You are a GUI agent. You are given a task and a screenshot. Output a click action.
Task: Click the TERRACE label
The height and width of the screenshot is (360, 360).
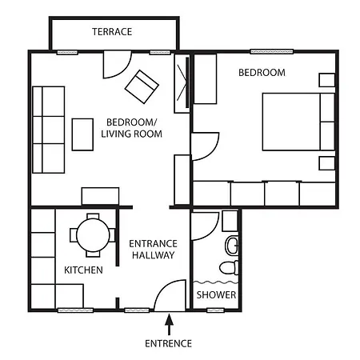(x=112, y=32)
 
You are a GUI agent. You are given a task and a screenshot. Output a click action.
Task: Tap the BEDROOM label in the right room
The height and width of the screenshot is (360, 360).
(x=262, y=73)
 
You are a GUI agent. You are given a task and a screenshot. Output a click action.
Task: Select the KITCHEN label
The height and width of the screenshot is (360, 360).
(x=83, y=270)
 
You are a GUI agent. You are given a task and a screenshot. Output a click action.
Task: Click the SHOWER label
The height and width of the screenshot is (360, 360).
(x=216, y=295)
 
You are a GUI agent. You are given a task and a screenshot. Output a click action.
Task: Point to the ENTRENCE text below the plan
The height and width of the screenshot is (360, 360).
(x=168, y=344)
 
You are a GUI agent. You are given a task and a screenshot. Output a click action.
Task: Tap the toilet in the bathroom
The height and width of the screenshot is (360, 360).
(x=230, y=268)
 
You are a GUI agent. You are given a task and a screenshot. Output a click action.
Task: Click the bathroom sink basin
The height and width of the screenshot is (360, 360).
(x=231, y=245)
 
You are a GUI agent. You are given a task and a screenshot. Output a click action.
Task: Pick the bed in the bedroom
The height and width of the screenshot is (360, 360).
(x=298, y=122)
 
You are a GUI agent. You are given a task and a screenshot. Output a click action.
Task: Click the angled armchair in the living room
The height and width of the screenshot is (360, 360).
(x=141, y=86)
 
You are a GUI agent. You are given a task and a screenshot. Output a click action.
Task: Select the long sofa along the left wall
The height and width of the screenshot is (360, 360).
(x=48, y=130)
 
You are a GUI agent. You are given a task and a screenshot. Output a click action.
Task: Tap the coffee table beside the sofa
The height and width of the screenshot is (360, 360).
(x=83, y=134)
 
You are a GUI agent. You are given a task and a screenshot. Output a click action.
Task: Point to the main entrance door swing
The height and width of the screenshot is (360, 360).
(x=170, y=298)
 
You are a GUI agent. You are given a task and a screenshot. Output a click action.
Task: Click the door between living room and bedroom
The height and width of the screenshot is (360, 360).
(x=203, y=146)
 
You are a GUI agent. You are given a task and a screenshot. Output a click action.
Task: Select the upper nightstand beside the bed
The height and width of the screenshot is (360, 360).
(x=326, y=80)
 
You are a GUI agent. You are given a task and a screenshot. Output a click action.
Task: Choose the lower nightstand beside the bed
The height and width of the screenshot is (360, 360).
(x=326, y=163)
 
